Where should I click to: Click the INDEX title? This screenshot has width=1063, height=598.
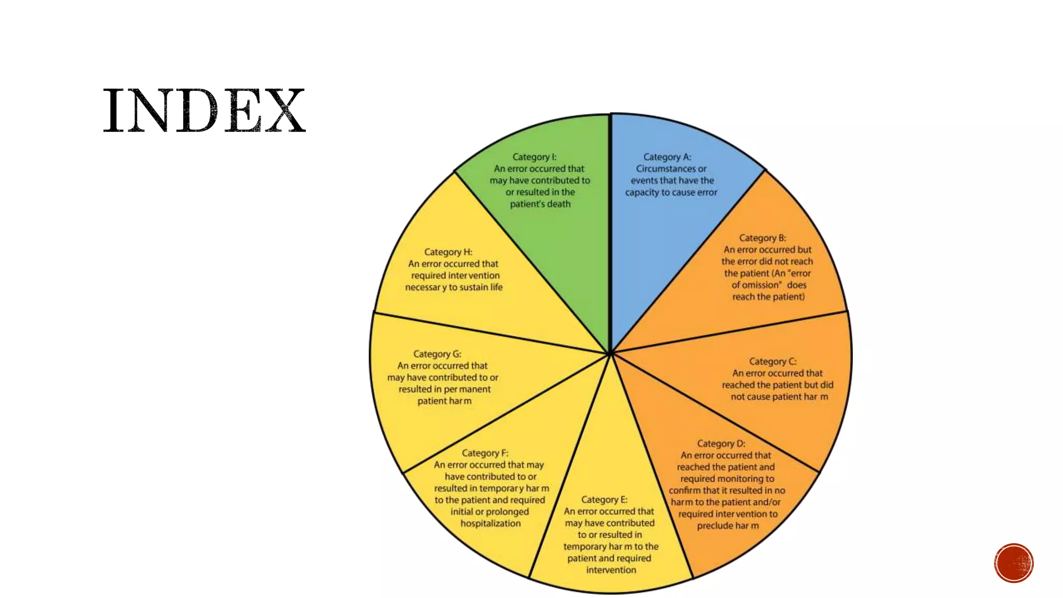coord(204,111)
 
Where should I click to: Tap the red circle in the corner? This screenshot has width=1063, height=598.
coord(1014,563)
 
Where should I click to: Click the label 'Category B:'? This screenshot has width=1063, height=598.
coord(762,238)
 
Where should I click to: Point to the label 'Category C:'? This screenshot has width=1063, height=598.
coord(772,361)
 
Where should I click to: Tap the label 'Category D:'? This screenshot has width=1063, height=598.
coord(721,443)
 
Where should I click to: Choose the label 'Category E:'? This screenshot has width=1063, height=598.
coord(604,499)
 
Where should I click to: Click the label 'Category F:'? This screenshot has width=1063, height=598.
coord(485,453)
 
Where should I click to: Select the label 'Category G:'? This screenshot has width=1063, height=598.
coord(437,354)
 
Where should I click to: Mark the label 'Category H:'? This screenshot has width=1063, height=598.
coord(448,252)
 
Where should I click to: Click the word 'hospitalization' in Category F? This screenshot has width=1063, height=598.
coord(490,523)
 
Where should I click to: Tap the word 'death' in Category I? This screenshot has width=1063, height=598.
coord(558,204)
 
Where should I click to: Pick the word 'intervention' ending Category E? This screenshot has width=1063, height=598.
coord(611,570)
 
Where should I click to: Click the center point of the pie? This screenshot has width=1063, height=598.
coord(610,354)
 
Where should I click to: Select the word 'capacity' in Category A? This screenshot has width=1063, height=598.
coord(642,193)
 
